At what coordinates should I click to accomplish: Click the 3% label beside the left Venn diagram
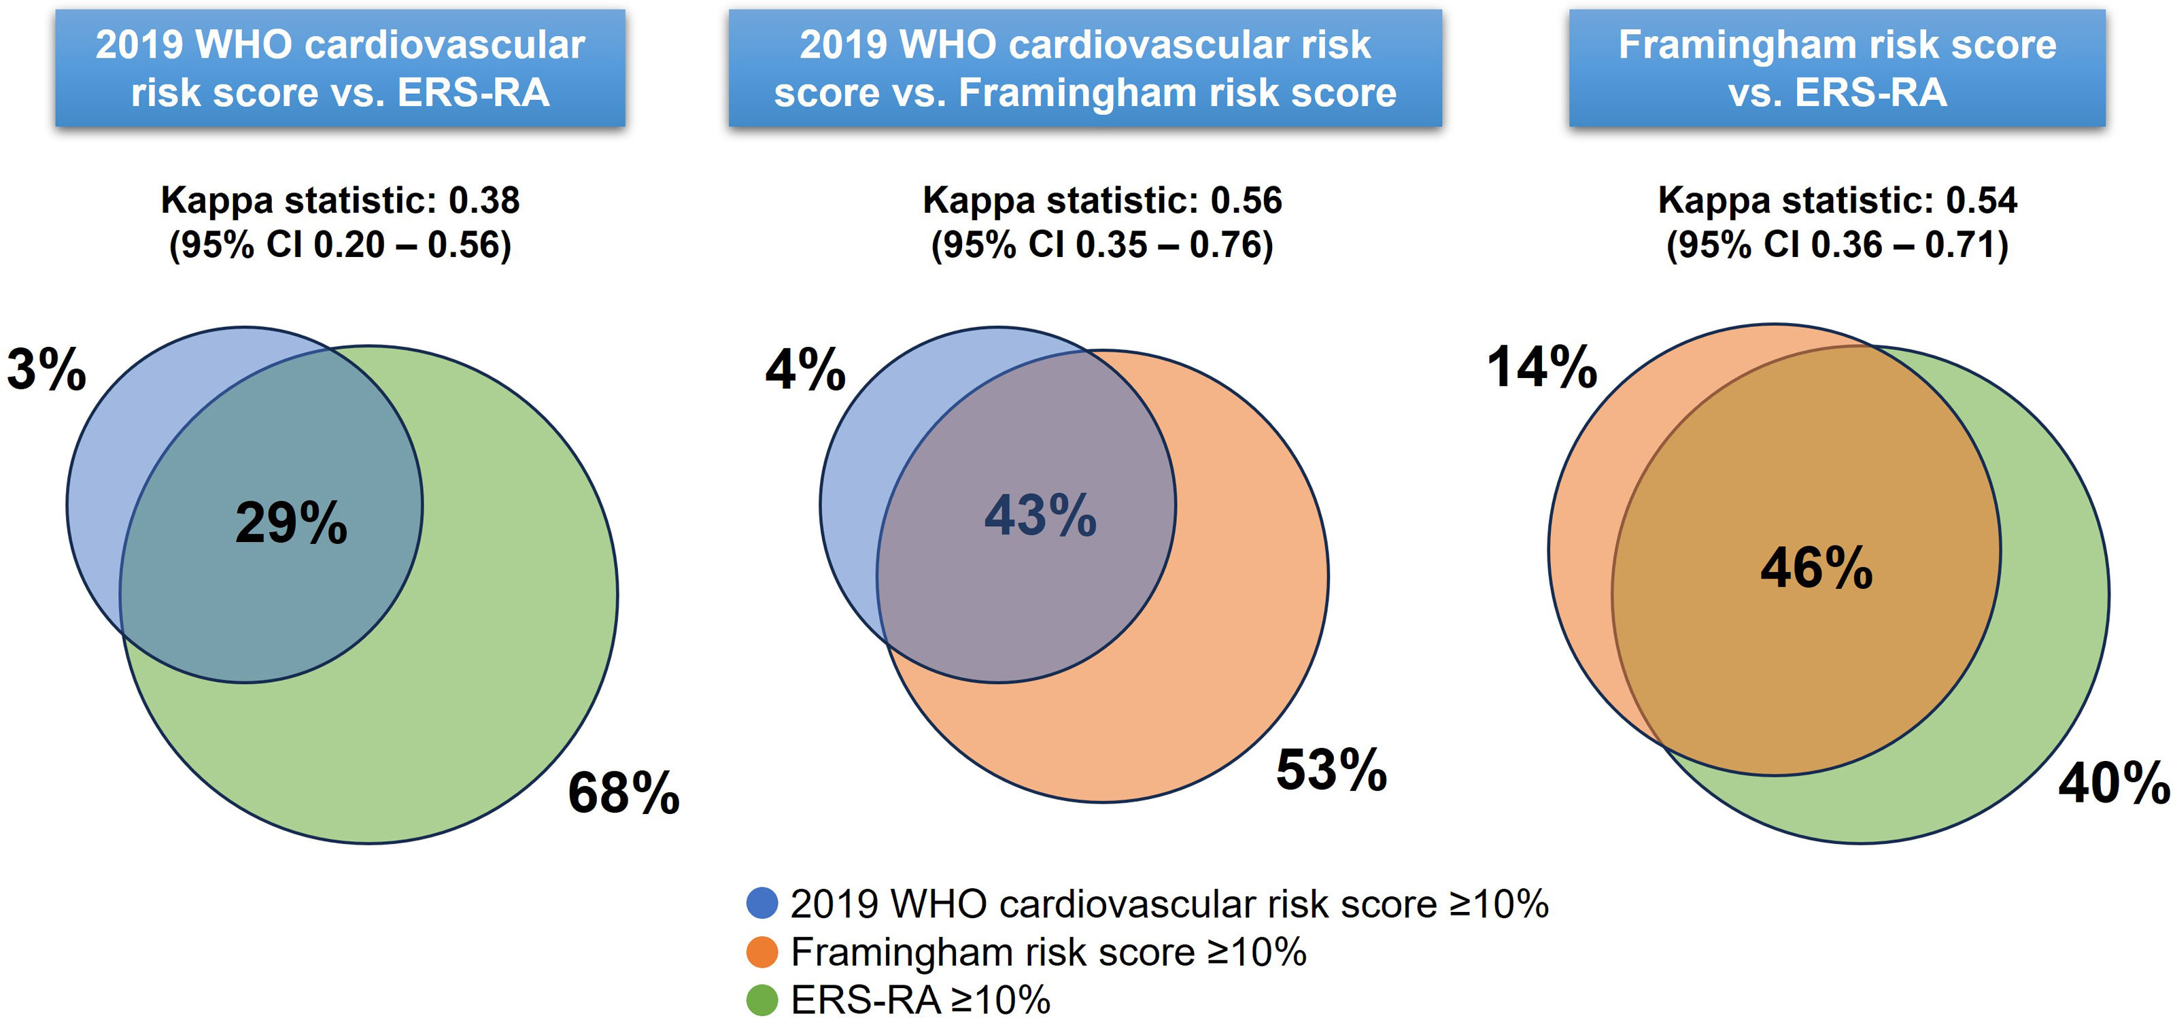46,369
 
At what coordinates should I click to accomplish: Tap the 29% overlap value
291,522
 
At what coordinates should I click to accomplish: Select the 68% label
623,792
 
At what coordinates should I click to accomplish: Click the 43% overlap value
1040,515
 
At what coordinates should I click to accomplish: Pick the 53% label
1331,770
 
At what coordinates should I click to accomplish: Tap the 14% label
1542,367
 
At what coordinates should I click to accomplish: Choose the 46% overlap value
1816,567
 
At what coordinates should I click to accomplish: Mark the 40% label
2113,783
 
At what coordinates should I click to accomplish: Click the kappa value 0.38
484,200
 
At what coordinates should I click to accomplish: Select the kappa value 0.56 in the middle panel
1246,200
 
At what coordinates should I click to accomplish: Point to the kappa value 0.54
1981,200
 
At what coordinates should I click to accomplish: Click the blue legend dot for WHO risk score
761,903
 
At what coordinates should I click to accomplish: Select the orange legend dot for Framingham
761,952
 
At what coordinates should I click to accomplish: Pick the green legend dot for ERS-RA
761,1000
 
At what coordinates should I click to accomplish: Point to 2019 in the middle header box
842,45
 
